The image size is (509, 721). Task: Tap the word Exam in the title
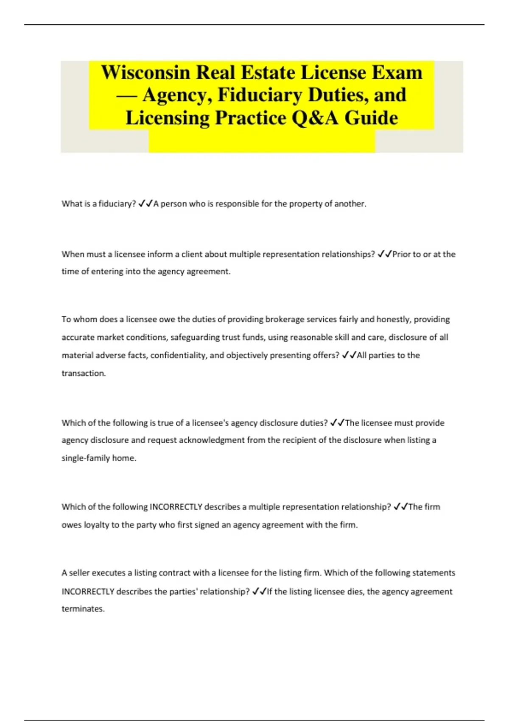(x=397, y=73)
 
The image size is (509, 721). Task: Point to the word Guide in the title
(x=371, y=118)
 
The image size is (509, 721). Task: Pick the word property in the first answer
(x=306, y=204)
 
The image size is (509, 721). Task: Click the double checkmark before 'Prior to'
(x=384, y=254)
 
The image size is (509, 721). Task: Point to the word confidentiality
(x=179, y=355)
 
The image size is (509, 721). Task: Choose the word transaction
(x=83, y=374)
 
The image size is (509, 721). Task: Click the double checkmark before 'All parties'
(x=349, y=355)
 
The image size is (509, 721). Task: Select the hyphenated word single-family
(x=86, y=458)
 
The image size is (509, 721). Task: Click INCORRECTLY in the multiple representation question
(x=176, y=507)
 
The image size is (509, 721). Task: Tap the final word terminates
(x=83, y=609)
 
